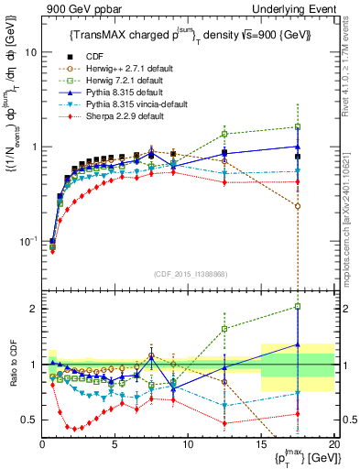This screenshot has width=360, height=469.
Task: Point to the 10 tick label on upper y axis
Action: (x=30, y=52)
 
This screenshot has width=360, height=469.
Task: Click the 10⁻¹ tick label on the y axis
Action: (x=27, y=242)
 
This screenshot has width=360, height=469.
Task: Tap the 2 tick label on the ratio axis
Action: (x=35, y=309)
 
